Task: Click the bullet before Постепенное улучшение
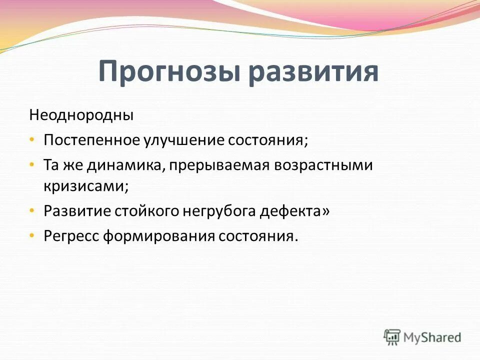tap(32, 139)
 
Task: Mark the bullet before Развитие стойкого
tap(32, 210)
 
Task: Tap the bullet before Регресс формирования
tap(32, 235)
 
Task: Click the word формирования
tap(159, 235)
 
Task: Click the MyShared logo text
tap(432, 337)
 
